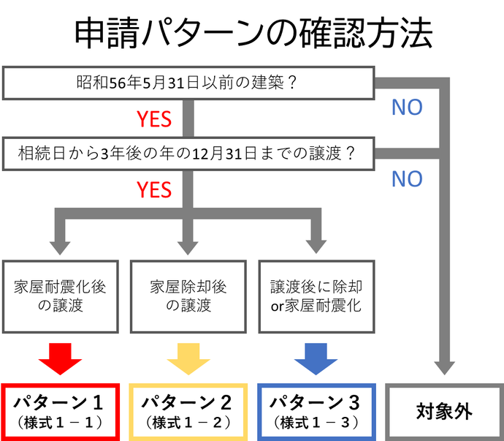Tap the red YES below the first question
tap(154, 118)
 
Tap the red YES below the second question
tap(154, 190)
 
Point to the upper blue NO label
tap(407, 108)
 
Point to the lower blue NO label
tap(407, 179)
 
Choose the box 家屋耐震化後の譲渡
tap(61, 295)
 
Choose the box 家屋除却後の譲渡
tap(188, 295)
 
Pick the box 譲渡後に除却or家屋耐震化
tap(316, 295)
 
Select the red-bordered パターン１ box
tap(61, 411)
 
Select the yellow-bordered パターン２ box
tap(188, 411)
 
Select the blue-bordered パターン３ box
tap(316, 411)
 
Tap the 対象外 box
tap(444, 411)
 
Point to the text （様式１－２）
tap(188, 423)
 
